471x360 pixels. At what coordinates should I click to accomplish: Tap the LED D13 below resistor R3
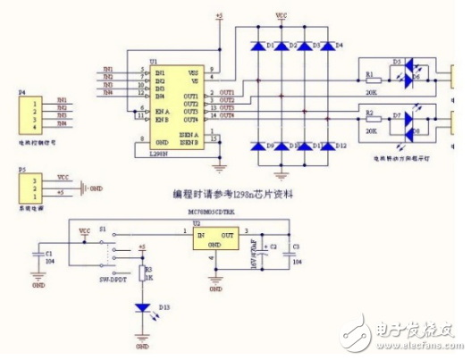(143, 306)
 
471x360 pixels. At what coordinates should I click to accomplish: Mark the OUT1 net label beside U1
(226, 93)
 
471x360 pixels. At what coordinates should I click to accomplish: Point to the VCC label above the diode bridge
(282, 16)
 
